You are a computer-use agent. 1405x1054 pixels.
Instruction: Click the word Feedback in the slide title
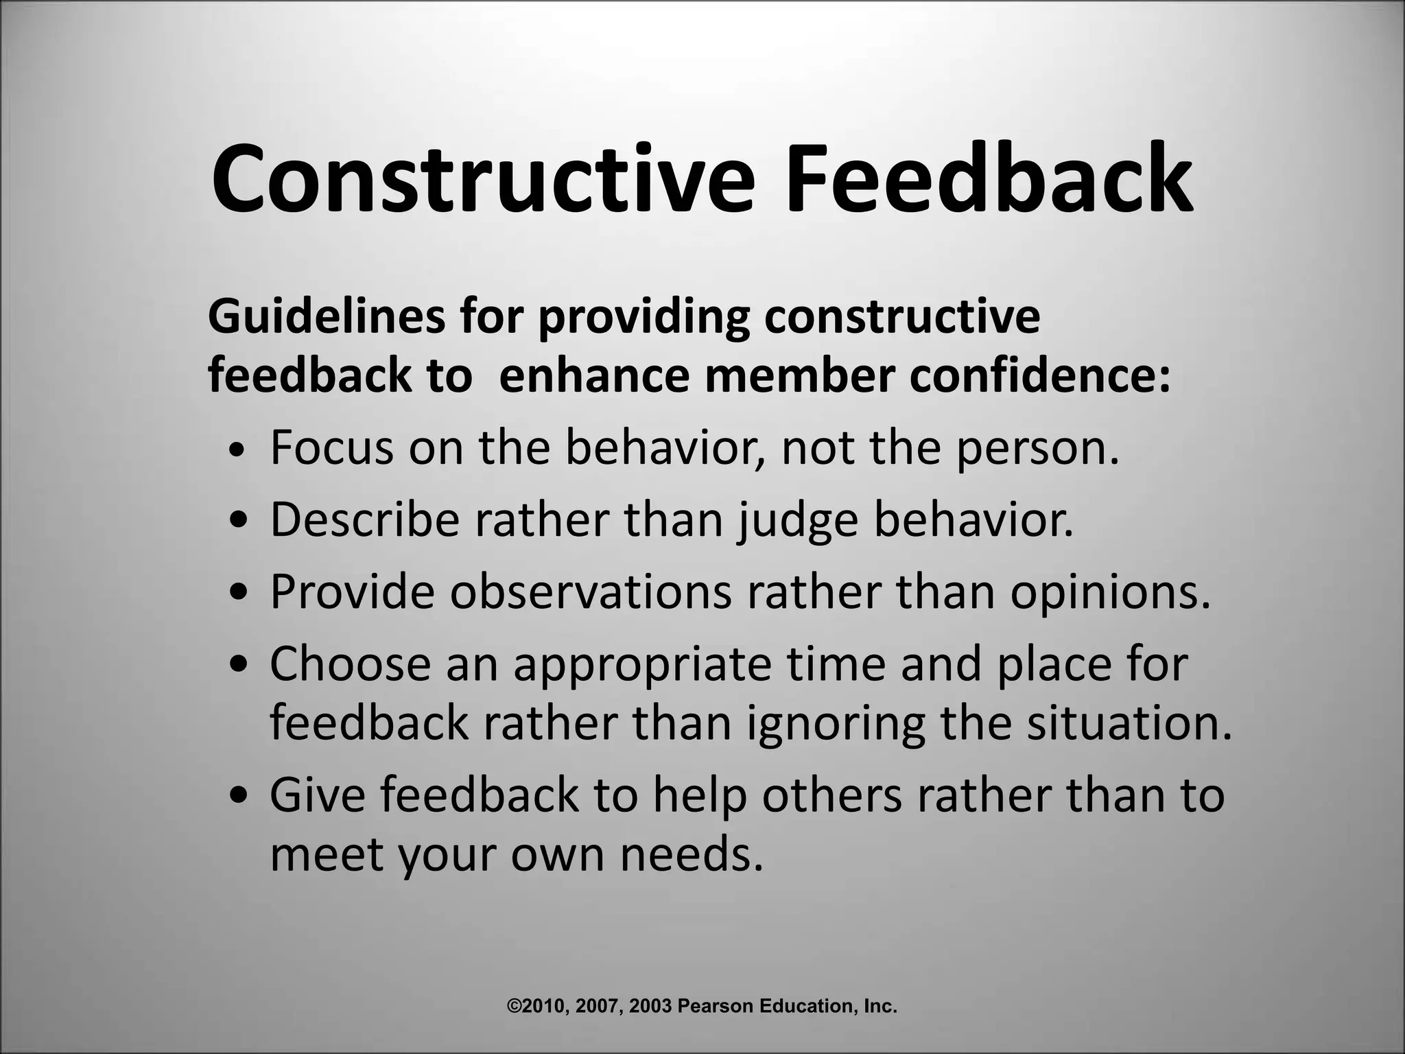988,180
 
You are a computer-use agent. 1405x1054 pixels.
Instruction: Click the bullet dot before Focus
237,450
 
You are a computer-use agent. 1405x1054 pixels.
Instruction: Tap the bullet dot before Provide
237,591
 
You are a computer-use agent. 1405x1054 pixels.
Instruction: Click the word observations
591,591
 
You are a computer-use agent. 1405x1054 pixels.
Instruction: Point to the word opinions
1109,591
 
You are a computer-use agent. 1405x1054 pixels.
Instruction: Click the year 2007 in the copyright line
598,1007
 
